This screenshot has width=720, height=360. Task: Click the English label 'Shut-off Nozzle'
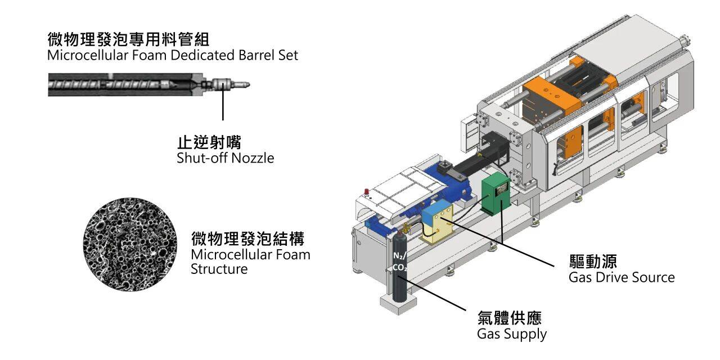pyautogui.click(x=225, y=158)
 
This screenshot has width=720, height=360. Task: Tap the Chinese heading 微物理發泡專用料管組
pyautogui.click(x=129, y=40)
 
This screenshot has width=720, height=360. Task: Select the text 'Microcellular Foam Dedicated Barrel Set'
pyautogui.click(x=173, y=55)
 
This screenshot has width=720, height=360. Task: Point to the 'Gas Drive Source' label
pyautogui.click(x=621, y=277)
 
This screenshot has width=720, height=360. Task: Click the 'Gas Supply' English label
pyautogui.click(x=511, y=334)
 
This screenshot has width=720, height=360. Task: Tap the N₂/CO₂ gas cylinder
pyautogui.click(x=399, y=270)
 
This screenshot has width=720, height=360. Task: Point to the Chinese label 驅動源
pyautogui.click(x=593, y=262)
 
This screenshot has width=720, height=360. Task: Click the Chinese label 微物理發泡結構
pyautogui.click(x=247, y=239)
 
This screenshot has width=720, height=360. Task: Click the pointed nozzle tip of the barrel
pyautogui.click(x=243, y=85)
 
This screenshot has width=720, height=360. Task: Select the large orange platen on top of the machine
pyautogui.click(x=551, y=92)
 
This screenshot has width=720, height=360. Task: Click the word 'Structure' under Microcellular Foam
pyautogui.click(x=219, y=269)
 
